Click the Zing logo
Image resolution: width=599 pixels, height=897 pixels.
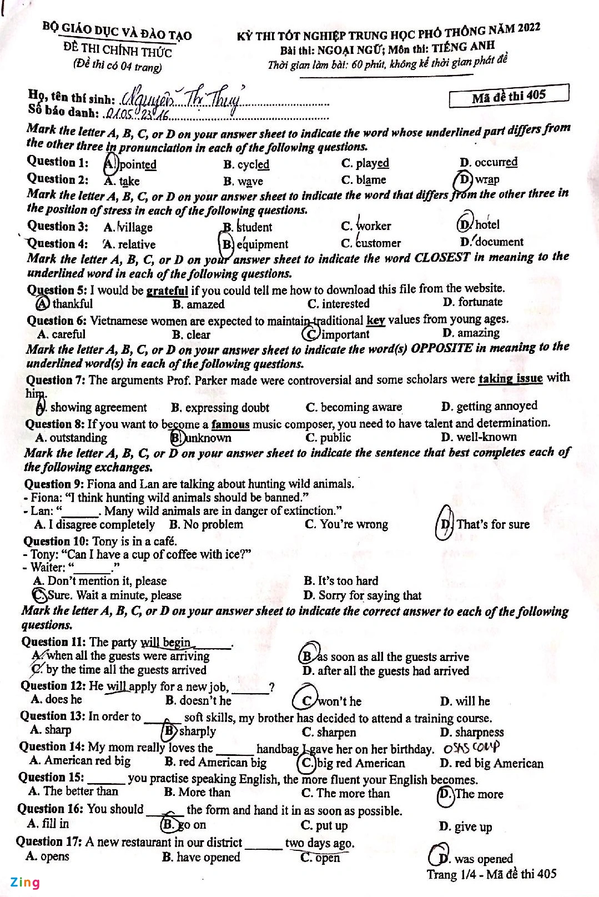coord(25,882)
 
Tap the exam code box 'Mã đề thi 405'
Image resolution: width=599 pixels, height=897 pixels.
coord(509,96)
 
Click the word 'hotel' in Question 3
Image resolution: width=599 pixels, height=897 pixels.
coord(487,224)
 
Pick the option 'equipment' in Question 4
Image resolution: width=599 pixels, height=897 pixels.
coord(261,244)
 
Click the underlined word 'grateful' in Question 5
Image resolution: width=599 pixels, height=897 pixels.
coord(167,290)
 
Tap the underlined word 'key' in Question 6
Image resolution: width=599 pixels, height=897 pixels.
coord(375,320)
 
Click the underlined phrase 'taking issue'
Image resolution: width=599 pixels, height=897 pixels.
coord(510,379)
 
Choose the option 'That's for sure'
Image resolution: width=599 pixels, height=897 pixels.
coord(492,524)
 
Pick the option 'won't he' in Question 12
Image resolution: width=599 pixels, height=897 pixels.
coord(339,701)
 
